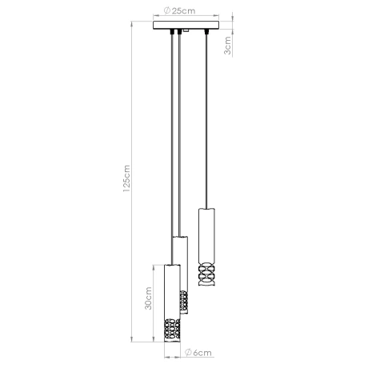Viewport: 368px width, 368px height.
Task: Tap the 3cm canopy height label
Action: pos(229,48)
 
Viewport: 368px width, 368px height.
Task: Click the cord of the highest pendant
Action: pos(206,120)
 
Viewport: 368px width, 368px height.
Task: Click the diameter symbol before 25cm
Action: pos(165,11)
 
